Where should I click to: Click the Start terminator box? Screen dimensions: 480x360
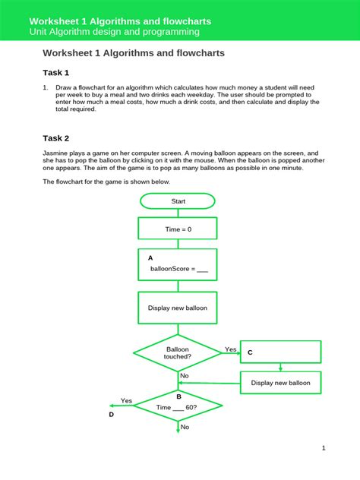click(x=178, y=201)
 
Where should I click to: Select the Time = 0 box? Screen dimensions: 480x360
click(x=178, y=229)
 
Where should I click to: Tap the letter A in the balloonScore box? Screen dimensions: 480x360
click(x=150, y=258)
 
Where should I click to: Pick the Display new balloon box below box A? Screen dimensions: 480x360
click(x=178, y=308)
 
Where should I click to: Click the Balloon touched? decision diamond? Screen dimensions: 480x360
click(x=178, y=352)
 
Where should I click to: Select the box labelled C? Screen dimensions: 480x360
click(x=280, y=352)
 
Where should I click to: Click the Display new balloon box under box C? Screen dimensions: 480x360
click(x=280, y=383)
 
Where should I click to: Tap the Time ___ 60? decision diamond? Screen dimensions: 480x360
click(x=178, y=407)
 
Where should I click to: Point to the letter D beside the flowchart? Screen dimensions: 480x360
click(x=111, y=415)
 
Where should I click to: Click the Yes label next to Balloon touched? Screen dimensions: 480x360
click(x=231, y=349)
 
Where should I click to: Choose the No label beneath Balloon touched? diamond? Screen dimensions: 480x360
click(x=184, y=376)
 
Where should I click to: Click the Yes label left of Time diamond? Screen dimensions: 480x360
click(x=126, y=400)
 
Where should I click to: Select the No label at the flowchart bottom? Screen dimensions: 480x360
click(x=184, y=428)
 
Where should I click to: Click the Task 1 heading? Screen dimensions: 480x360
click(x=56, y=73)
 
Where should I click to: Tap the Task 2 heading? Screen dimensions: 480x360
click(x=56, y=138)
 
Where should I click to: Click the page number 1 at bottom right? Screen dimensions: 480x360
click(x=323, y=448)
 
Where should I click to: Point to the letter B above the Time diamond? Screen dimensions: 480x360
click(x=178, y=396)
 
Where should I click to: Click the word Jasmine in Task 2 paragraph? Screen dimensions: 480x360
click(x=57, y=153)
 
